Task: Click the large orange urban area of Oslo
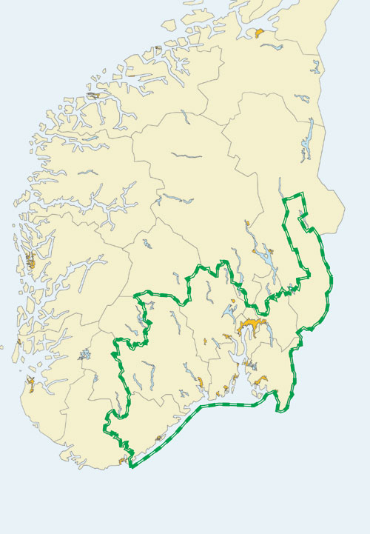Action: click(x=250, y=325)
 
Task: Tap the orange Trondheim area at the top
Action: click(x=259, y=33)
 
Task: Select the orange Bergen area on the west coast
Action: click(x=30, y=261)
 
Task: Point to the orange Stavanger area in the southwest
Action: click(x=30, y=382)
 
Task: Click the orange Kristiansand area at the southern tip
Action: click(x=123, y=461)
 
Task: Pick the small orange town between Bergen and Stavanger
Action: click(x=13, y=346)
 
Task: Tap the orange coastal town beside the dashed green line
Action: click(x=158, y=438)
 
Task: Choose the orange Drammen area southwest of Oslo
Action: click(x=226, y=338)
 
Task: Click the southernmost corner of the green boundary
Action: click(x=131, y=467)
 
